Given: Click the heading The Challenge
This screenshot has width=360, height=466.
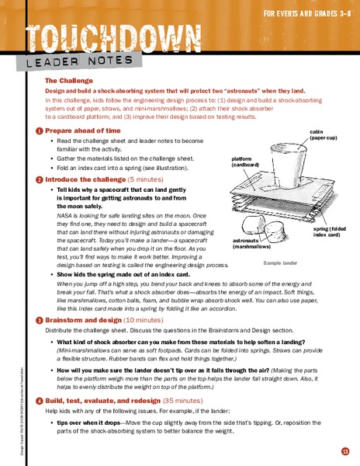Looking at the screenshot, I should click(x=69, y=80).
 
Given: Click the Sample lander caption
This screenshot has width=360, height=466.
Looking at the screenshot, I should click(x=280, y=263).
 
